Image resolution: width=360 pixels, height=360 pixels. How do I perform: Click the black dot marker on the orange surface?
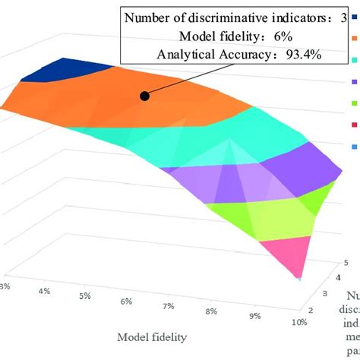coord(143,95)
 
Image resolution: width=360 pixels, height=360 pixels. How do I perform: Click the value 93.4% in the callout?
coord(298,54)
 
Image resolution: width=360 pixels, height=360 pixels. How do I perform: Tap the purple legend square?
coord(355,80)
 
